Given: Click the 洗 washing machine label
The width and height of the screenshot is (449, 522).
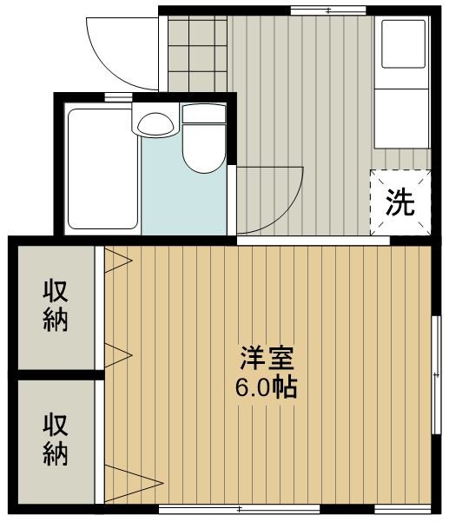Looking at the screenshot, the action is point(399,202).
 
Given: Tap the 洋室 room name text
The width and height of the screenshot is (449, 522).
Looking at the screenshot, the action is point(267,358).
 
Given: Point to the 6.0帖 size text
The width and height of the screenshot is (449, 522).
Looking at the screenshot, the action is point(266,387).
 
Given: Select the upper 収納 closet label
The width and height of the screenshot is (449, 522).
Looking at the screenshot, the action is point(56,307).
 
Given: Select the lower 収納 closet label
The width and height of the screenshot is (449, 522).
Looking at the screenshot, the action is point(56,439).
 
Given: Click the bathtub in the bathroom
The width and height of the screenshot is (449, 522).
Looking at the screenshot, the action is point(102,168).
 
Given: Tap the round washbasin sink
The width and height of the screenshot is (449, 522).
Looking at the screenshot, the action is point(155,124).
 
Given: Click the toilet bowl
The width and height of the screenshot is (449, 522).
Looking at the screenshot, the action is point(204,149).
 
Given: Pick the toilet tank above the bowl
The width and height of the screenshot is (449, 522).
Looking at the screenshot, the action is point(204,113).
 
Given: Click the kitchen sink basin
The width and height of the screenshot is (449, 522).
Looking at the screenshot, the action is point(403,44).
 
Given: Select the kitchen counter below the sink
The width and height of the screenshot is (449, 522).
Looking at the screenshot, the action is point(401,118).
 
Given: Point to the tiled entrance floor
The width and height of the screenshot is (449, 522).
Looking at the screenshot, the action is point(197,53).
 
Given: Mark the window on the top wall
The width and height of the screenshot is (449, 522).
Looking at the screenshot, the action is point(328,10).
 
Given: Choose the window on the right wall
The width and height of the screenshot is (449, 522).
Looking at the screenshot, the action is point(436,375).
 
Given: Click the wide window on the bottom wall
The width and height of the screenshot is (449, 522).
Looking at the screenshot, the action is point(239,509).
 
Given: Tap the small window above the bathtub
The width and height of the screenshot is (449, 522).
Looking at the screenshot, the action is point(118,97).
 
